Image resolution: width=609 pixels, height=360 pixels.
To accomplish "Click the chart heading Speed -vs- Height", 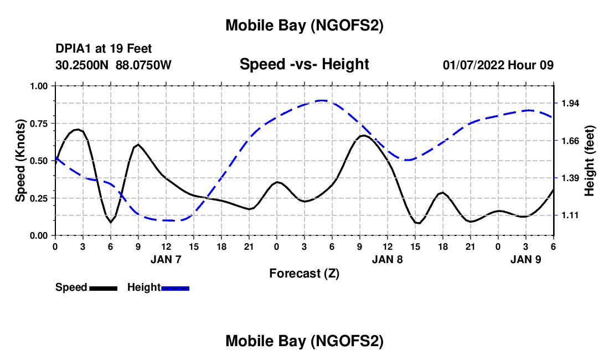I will pyautogui.click(x=304, y=64).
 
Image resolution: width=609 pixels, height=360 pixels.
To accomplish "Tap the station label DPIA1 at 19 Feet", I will pyautogui.click(x=104, y=49).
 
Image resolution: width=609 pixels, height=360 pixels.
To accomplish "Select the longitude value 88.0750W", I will pyautogui.click(x=143, y=65).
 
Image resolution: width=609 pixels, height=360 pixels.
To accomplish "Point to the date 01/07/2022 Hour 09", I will pyautogui.click(x=498, y=65).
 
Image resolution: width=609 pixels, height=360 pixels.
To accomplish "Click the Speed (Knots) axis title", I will pyautogui.click(x=20, y=161).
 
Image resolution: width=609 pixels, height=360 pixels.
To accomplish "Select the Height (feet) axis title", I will pyautogui.click(x=589, y=161).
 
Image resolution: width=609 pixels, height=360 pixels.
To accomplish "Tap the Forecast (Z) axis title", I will pyautogui.click(x=304, y=273).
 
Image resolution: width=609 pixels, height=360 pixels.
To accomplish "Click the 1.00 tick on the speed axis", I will pyautogui.click(x=39, y=86).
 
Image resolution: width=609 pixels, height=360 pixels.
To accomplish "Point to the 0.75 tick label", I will pyautogui.click(x=39, y=124).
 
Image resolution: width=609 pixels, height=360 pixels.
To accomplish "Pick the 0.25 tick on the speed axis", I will pyautogui.click(x=39, y=198).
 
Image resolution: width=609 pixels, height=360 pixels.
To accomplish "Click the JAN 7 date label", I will pyautogui.click(x=166, y=259).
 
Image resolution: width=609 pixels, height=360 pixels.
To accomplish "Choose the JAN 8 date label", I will pyautogui.click(x=387, y=259).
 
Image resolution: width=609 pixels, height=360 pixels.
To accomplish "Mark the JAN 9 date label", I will pyautogui.click(x=525, y=259).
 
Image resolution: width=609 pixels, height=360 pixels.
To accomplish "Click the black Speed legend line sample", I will pyautogui.click(x=103, y=288).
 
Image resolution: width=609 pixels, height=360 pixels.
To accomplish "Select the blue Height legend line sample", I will pyautogui.click(x=175, y=288).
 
